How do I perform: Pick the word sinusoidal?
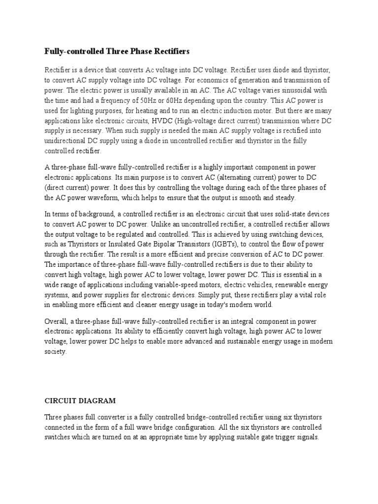click(x=300, y=90)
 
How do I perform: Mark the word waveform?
click(x=111, y=198)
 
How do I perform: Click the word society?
click(x=55, y=352)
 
